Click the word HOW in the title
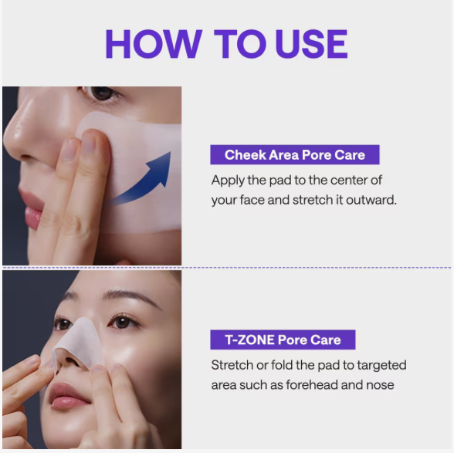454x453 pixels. pyautogui.click(x=154, y=44)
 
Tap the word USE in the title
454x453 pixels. pyautogui.click(x=311, y=44)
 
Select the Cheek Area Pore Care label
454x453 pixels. pyautogui.click(x=295, y=155)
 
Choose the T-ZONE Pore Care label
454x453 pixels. pyautogui.click(x=283, y=340)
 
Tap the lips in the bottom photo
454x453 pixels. pyautogui.click(x=69, y=396)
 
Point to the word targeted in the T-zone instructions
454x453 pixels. pyautogui.click(x=381, y=366)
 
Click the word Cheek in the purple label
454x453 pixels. pyautogui.click(x=246, y=155)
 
